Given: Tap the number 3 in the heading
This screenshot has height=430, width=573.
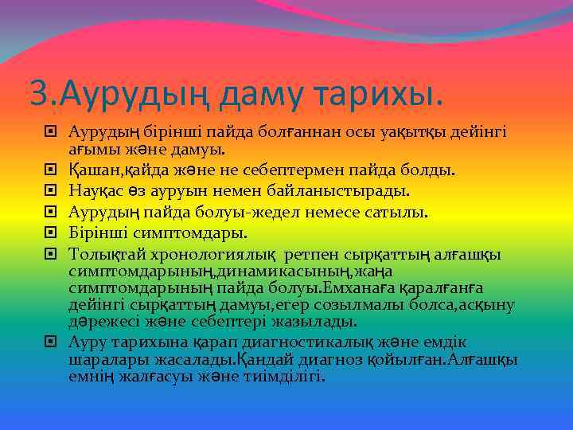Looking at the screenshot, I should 37,94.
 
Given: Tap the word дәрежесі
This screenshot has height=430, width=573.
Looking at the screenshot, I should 101,321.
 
